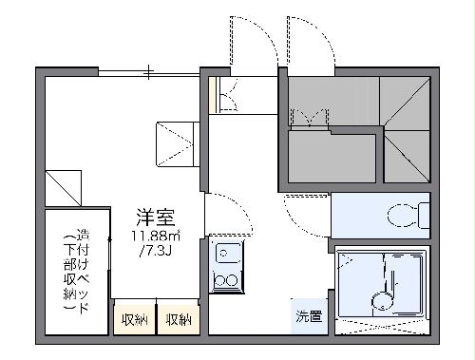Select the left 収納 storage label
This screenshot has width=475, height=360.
[134, 319]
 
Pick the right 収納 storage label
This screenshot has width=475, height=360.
[179, 319]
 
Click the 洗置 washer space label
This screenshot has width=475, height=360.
[308, 316]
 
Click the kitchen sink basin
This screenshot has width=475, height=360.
[227, 254]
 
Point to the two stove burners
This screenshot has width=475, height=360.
[227, 280]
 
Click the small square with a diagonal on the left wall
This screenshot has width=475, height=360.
[60, 182]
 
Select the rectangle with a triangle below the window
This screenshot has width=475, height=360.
[175, 142]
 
